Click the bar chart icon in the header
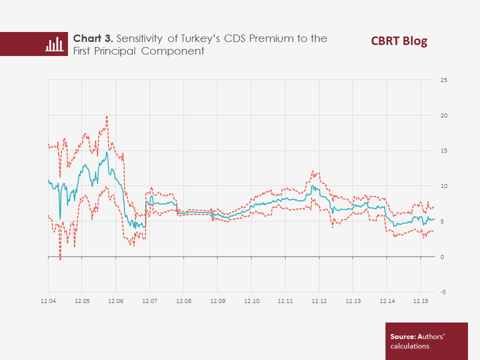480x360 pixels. (54, 44)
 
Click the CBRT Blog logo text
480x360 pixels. (399, 41)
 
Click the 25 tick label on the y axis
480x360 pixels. (443, 80)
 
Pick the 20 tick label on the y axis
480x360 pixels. (443, 115)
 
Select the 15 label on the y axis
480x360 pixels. (443, 150)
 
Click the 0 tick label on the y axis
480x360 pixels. (442, 257)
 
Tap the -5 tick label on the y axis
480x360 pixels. (443, 292)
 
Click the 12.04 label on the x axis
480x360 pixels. (48, 301)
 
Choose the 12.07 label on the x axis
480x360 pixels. (149, 301)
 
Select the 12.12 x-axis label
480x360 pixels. (319, 301)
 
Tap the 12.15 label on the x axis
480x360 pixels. (420, 301)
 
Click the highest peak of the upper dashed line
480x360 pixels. (107, 116)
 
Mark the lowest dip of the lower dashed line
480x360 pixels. (60, 259)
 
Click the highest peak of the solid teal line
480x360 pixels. (106, 152)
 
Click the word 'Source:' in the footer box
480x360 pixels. (402, 336)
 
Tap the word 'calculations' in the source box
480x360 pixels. (410, 345)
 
